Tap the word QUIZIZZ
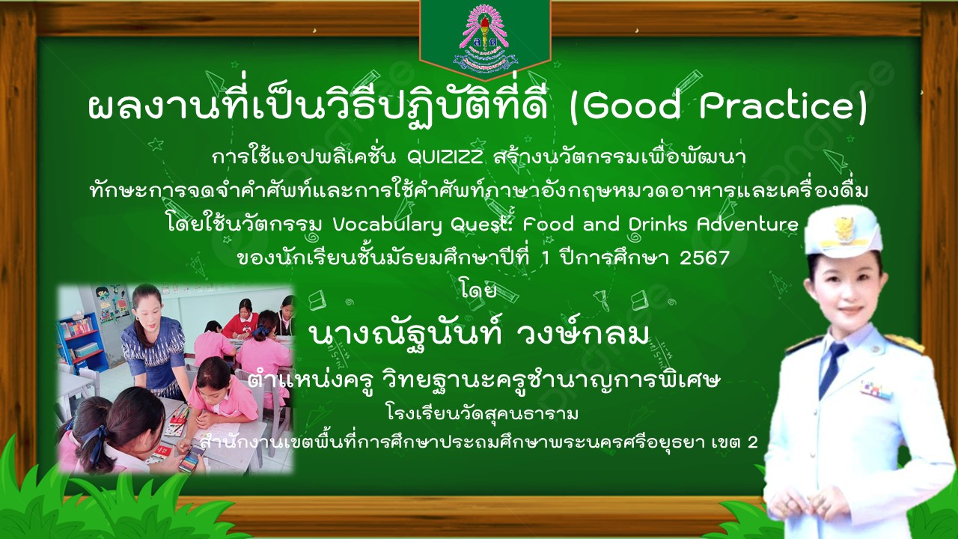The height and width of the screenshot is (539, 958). (445, 158)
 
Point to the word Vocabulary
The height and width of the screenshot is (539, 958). (388, 225)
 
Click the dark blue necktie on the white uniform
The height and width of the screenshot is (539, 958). (831, 368)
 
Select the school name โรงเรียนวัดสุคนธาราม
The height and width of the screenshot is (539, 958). (482, 414)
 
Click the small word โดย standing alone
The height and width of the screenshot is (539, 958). (478, 291)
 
